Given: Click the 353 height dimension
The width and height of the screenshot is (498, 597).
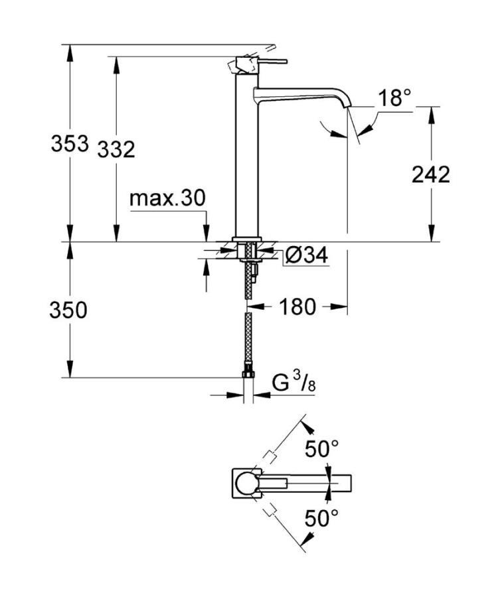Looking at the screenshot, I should (x=70, y=144).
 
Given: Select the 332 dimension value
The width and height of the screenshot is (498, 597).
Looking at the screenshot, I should (x=116, y=149).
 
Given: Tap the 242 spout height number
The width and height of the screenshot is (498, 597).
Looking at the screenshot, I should (x=431, y=174).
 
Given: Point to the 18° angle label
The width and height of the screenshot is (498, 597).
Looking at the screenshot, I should (x=395, y=99).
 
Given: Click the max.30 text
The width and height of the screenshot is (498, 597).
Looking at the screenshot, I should (x=167, y=198).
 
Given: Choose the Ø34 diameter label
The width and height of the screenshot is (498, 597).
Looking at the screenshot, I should (x=306, y=255).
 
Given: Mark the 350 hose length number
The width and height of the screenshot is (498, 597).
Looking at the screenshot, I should (x=68, y=310).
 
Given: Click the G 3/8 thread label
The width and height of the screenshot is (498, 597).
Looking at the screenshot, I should (x=293, y=383).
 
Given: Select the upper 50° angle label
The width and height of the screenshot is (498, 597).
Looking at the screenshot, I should (x=321, y=449).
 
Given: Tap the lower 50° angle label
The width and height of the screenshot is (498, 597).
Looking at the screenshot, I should (x=321, y=517).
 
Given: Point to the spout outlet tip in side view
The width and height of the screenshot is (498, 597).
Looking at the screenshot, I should (x=348, y=105).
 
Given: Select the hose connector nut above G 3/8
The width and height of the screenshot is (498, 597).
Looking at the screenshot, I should (x=248, y=371).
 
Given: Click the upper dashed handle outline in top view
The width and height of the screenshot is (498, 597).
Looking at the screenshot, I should (x=270, y=457).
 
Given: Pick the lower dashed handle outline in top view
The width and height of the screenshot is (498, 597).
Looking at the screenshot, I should (x=269, y=509).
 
